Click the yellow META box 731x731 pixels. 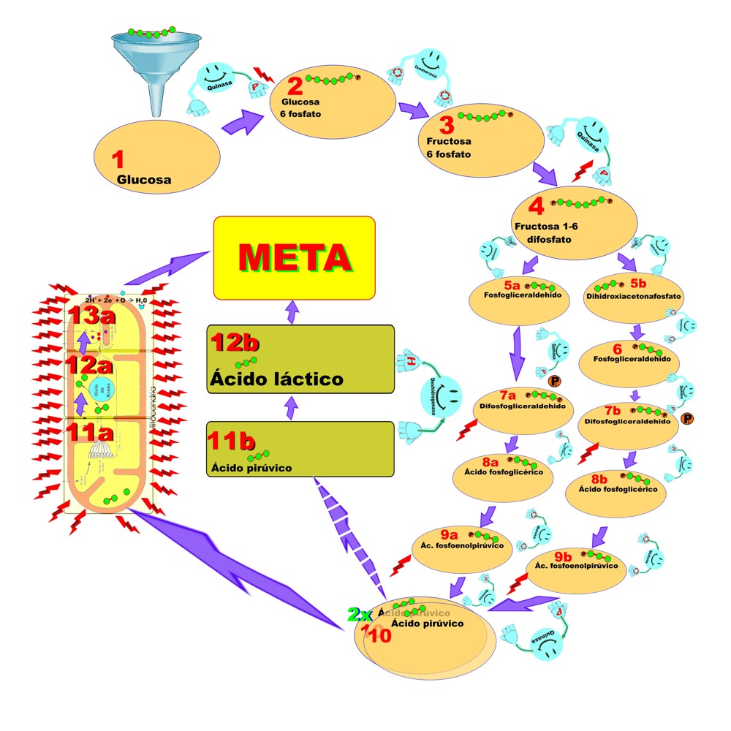click(x=294, y=257)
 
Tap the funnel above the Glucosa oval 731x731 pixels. click(x=148, y=66)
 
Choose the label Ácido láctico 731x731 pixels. click(x=276, y=379)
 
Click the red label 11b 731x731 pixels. click(x=232, y=441)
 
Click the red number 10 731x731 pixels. click(x=379, y=635)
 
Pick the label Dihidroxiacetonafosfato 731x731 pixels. click(x=633, y=297)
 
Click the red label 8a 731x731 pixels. click(x=489, y=462)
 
